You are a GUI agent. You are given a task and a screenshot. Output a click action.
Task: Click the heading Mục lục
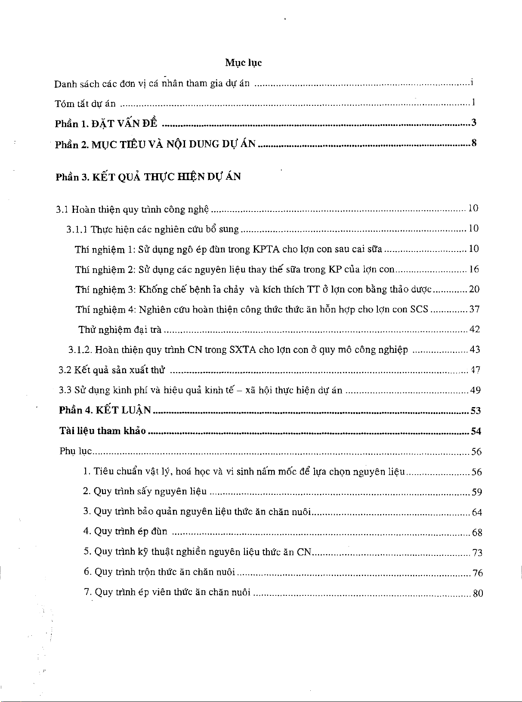(243, 63)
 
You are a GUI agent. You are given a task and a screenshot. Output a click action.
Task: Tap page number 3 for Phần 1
(474, 123)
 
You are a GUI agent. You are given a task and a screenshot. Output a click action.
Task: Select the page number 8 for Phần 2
(474, 143)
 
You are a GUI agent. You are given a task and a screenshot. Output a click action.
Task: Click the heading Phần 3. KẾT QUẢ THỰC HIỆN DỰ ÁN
(148, 177)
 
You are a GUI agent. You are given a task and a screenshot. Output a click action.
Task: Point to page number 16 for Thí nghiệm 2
(474, 270)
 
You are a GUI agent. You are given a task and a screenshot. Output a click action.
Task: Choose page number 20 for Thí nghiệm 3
(474, 289)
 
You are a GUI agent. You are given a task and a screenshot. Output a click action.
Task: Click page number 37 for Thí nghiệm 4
(474, 310)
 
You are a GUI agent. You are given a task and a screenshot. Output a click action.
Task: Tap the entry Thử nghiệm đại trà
(120, 330)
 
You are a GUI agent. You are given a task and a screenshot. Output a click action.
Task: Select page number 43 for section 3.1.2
(475, 350)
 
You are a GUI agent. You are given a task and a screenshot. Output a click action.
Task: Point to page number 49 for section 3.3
(475, 390)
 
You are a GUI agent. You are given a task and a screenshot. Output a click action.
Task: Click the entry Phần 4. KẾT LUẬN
(105, 411)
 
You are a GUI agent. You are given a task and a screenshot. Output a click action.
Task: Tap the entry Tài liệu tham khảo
(102, 431)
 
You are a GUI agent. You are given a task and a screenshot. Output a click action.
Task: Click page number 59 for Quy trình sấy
(476, 492)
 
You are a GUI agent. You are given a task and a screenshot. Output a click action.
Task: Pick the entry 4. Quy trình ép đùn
(125, 532)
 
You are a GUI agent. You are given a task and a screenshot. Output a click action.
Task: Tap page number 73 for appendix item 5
(477, 553)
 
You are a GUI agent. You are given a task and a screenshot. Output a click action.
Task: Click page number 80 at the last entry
(478, 594)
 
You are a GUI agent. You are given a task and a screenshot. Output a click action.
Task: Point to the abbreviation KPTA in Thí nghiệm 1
(266, 249)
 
